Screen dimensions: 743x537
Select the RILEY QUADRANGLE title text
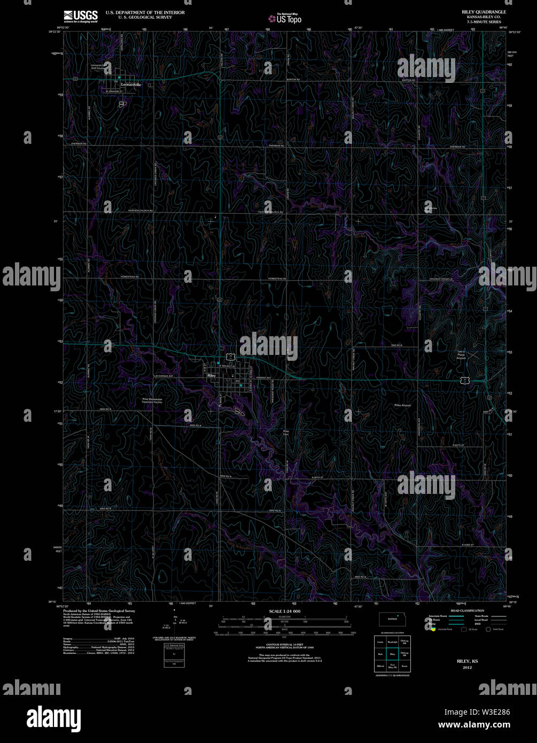click(484, 12)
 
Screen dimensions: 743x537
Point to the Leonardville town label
click(131, 84)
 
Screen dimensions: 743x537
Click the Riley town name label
click(211, 376)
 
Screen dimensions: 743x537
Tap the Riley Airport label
click(402, 406)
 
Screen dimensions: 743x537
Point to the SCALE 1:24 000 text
click(285, 611)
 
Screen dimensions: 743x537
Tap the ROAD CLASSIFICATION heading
click(467, 610)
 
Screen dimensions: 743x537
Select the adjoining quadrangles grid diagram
click(392, 653)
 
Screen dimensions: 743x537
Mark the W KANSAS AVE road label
click(165, 376)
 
